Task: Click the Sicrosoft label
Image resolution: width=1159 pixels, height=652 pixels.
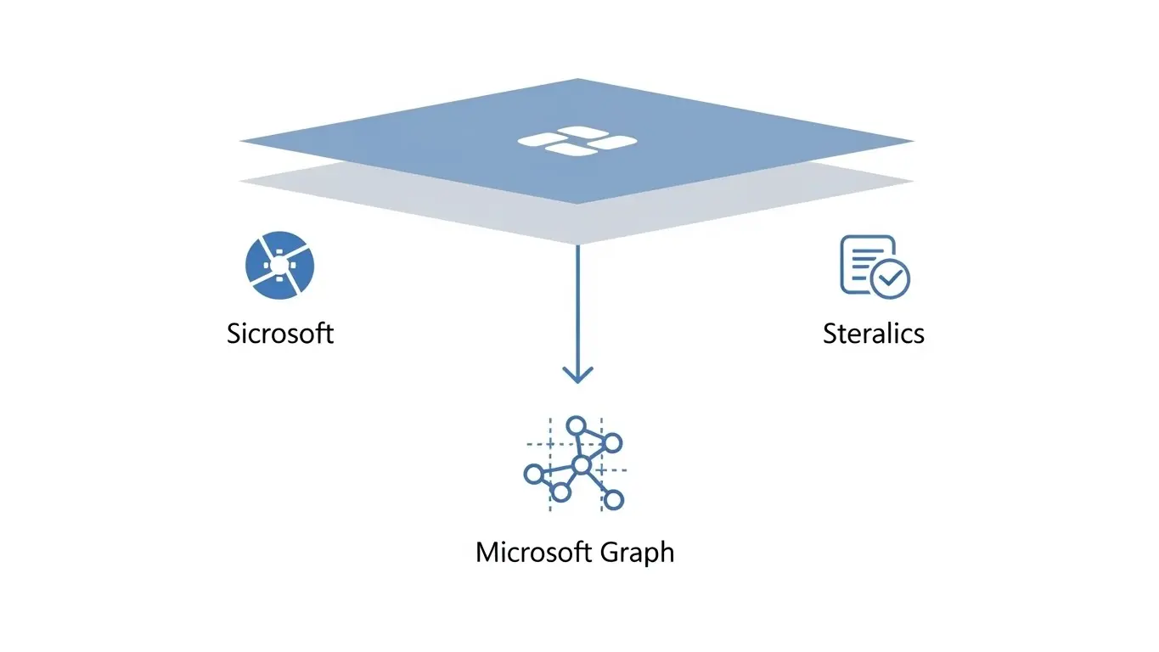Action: [280, 333]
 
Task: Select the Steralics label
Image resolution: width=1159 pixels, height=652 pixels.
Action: [873, 333]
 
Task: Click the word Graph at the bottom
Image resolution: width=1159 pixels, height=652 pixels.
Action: [637, 553]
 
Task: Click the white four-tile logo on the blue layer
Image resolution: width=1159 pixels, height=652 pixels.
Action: [577, 142]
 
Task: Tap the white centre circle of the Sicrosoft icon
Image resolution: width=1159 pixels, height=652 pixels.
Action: [278, 266]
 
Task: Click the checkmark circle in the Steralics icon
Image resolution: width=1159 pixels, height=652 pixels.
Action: [892, 278]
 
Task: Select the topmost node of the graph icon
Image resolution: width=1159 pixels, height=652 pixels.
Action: [577, 425]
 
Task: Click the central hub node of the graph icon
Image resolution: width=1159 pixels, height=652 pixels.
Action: [581, 464]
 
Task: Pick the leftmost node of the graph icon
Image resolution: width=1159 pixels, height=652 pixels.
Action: [533, 474]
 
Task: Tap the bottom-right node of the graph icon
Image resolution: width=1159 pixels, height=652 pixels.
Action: [614, 499]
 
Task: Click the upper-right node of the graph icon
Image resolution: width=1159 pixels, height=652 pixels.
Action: [612, 442]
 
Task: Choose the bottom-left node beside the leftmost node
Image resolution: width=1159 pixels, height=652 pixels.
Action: [560, 492]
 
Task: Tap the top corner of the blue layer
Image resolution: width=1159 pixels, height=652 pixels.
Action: [577, 81]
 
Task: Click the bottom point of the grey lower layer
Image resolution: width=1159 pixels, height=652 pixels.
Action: [577, 243]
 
